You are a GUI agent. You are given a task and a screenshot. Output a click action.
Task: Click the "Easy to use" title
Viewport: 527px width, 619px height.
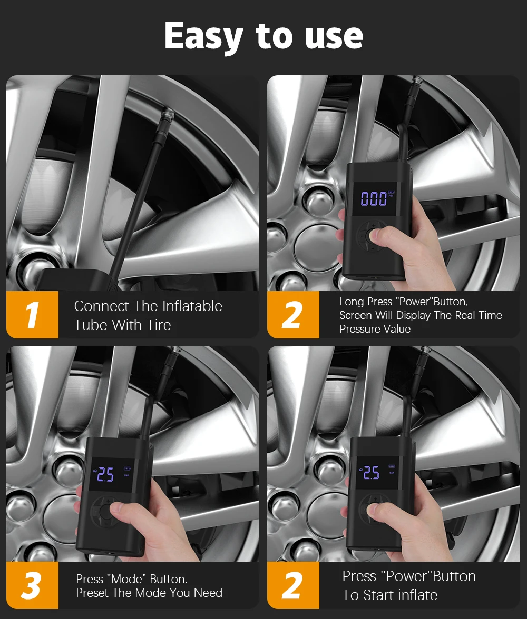click(263, 36)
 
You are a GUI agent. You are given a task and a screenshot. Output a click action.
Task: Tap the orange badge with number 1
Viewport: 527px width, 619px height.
click(33, 315)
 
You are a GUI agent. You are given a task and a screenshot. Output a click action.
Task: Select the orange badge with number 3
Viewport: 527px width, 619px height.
click(33, 585)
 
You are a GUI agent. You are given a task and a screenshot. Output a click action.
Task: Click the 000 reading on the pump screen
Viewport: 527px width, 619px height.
click(374, 198)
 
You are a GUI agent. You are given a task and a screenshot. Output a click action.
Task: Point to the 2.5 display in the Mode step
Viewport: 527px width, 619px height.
click(105, 475)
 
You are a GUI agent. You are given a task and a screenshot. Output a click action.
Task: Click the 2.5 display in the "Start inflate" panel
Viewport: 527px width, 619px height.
click(371, 472)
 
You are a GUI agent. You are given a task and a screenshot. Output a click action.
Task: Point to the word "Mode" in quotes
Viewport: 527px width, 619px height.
click(127, 579)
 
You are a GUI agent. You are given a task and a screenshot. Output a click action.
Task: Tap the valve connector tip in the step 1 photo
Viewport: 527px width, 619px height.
click(167, 115)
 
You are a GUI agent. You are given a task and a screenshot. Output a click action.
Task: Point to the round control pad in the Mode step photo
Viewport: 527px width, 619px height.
click(105, 512)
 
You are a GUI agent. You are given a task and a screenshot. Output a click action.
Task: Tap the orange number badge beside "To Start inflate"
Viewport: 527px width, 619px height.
click(294, 585)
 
